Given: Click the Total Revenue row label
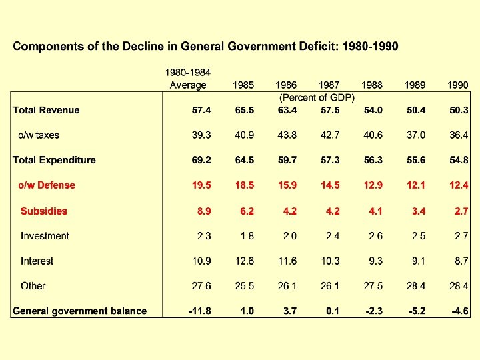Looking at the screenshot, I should point(46,110).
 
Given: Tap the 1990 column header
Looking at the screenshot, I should point(457,85).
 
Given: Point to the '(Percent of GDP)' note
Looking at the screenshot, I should point(317,97).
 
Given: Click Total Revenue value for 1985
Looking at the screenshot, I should point(244,110).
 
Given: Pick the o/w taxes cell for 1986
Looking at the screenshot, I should point(287,135).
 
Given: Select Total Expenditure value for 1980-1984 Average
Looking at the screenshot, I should point(201,160).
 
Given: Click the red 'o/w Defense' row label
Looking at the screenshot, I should point(46,185).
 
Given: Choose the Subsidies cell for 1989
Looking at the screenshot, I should point(417,211).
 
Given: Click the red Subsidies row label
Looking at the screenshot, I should point(44,211).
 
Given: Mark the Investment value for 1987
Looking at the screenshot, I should point(332,236).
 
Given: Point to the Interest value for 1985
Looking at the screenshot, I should point(244,261).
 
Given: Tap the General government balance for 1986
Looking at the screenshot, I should point(290,311).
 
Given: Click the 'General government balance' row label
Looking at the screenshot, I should point(80,311).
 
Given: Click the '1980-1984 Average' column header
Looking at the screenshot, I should point(188,79).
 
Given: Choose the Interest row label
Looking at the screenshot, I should point(37,261).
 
